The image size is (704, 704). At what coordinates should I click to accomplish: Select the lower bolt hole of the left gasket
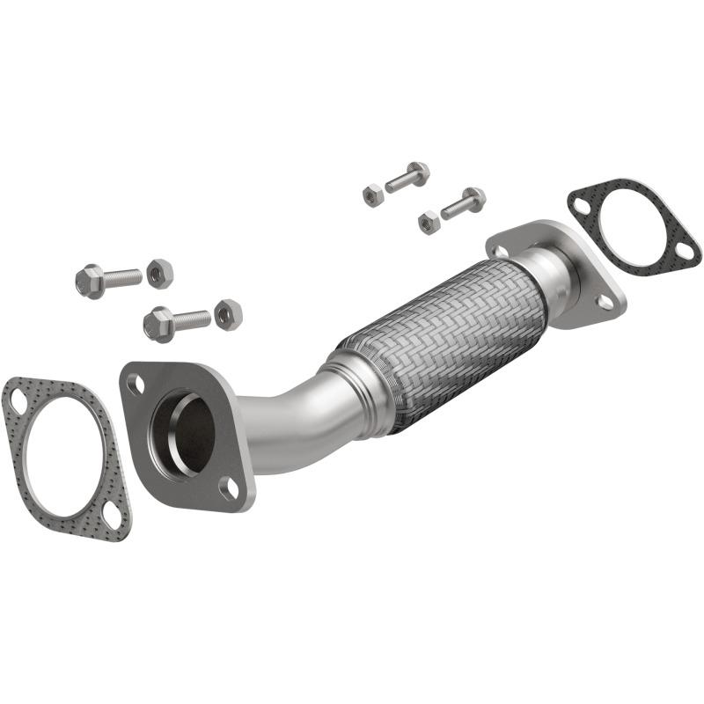point(112,514)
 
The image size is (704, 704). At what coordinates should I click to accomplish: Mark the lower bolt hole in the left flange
point(228,486)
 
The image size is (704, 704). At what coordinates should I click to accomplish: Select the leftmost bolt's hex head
point(90,282)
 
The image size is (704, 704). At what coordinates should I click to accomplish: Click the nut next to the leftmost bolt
point(159,274)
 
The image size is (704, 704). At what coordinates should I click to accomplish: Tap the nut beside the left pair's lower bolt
point(228,313)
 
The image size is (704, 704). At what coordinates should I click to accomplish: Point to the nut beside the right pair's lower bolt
point(429,222)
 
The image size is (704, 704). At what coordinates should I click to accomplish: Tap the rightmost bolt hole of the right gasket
point(684,253)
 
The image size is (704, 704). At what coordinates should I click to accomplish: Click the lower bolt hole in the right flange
point(605,301)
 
